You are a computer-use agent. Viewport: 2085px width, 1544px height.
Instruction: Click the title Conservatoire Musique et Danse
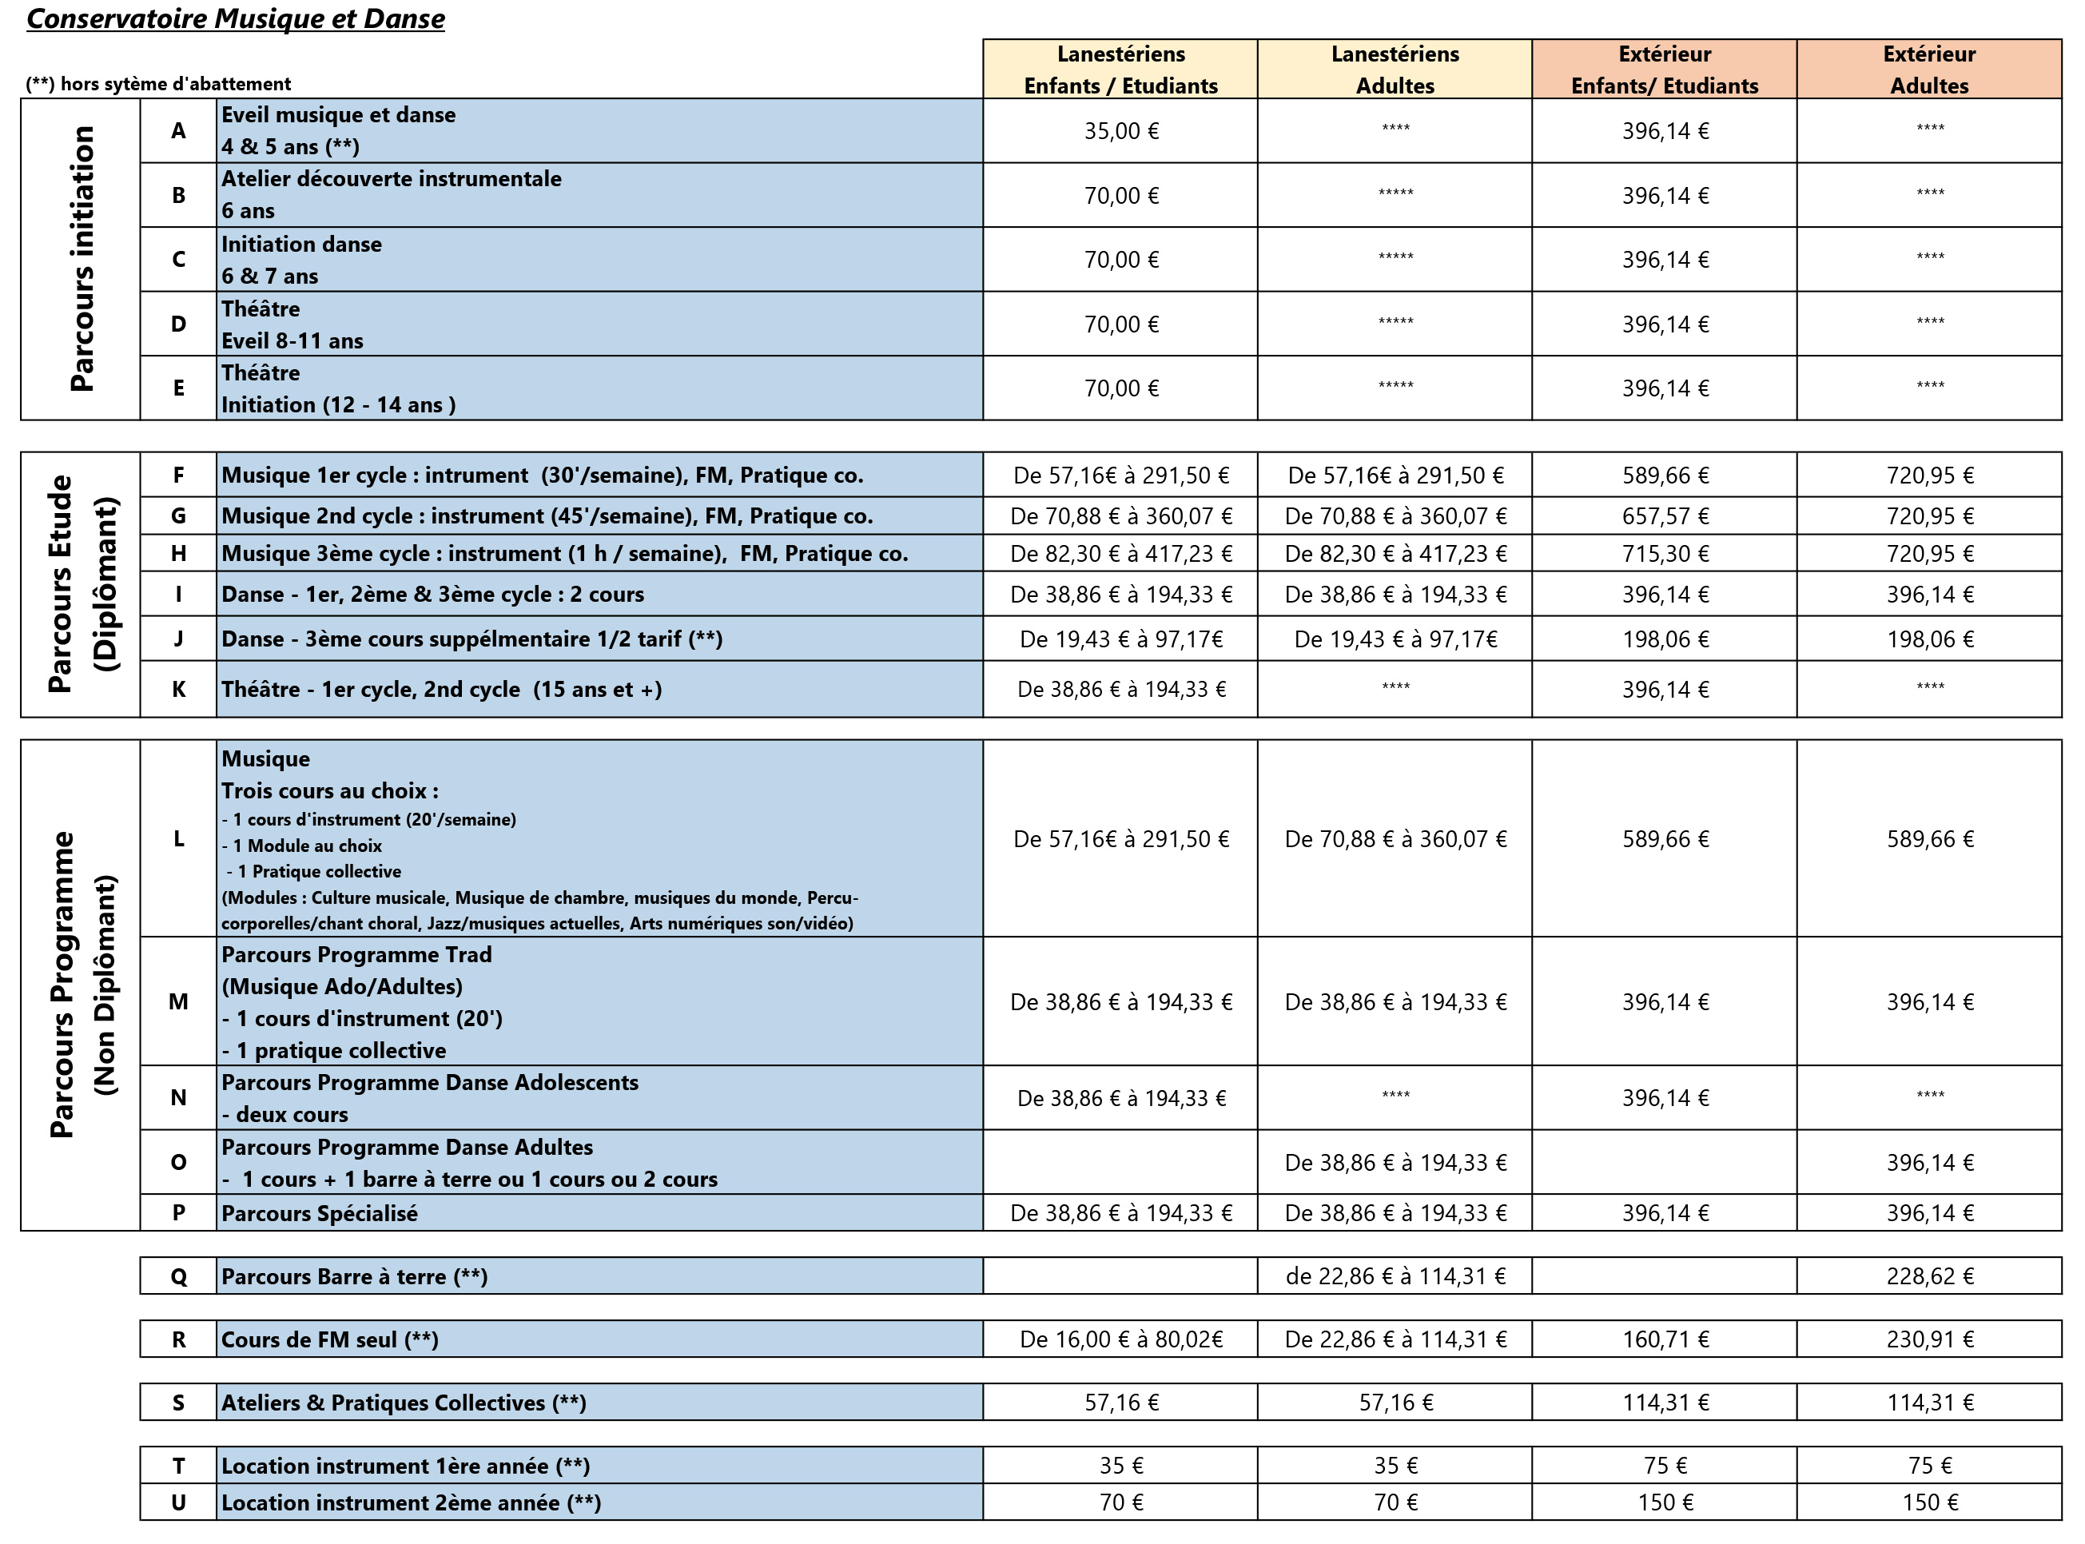(236, 18)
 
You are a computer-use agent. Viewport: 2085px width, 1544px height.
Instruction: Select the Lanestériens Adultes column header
(1395, 70)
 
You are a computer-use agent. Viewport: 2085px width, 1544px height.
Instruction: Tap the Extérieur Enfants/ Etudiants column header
(1664, 70)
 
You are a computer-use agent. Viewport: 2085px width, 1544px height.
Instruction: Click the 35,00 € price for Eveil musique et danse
(1120, 131)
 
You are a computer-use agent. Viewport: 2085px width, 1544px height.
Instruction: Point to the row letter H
(177, 553)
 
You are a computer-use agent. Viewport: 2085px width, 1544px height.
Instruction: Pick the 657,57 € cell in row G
(1665, 516)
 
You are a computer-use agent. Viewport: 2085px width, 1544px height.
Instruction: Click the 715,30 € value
(1665, 553)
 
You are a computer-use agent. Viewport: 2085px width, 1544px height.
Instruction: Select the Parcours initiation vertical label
(82, 259)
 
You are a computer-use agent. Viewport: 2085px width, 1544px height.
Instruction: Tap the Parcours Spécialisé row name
(320, 1213)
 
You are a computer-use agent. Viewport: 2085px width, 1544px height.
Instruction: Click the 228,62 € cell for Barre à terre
(1929, 1275)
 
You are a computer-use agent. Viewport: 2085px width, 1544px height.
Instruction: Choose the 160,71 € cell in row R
(1665, 1339)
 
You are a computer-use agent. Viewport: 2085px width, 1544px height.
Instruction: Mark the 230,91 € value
(1929, 1339)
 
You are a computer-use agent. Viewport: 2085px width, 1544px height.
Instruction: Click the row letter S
(177, 1403)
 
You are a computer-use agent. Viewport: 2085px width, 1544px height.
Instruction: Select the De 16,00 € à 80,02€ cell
(1120, 1339)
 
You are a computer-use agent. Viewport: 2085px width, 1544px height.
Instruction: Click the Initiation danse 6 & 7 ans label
(301, 260)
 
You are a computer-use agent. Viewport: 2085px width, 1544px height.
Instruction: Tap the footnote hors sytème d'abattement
(159, 84)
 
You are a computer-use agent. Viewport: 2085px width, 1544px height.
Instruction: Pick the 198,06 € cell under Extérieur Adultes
(1929, 639)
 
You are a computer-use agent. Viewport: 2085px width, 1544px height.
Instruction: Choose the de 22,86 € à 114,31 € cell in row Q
(1395, 1275)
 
